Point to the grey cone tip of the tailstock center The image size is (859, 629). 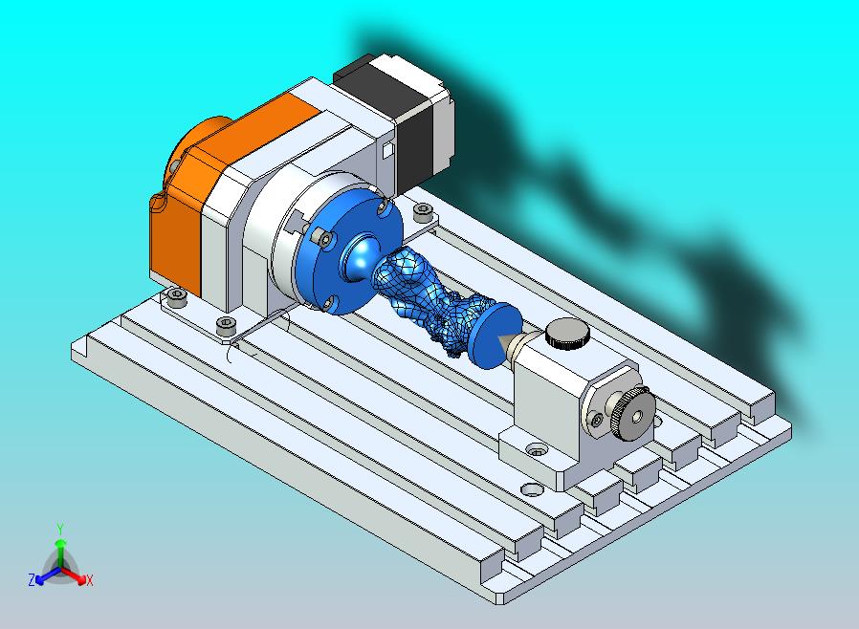pyautogui.click(x=508, y=342)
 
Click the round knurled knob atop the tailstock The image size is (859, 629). pyautogui.click(x=567, y=333)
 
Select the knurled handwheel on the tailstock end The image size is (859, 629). pyautogui.click(x=634, y=414)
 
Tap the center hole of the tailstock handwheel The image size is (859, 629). pyautogui.click(x=636, y=417)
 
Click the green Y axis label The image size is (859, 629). pyautogui.click(x=60, y=529)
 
